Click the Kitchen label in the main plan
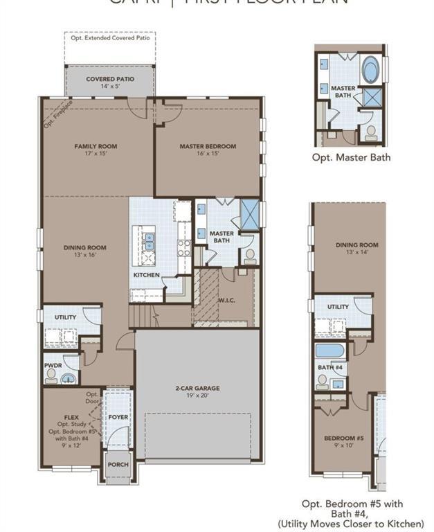click(x=147, y=275)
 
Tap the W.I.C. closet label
click(x=227, y=300)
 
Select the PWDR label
click(x=53, y=364)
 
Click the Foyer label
click(x=118, y=417)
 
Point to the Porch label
click(x=118, y=464)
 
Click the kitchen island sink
click(x=149, y=241)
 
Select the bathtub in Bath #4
click(x=329, y=350)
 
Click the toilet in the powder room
click(x=51, y=375)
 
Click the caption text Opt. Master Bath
click(x=351, y=157)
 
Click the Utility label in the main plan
click(x=66, y=317)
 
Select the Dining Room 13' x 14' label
click(x=357, y=248)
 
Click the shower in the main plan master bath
click(x=250, y=213)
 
